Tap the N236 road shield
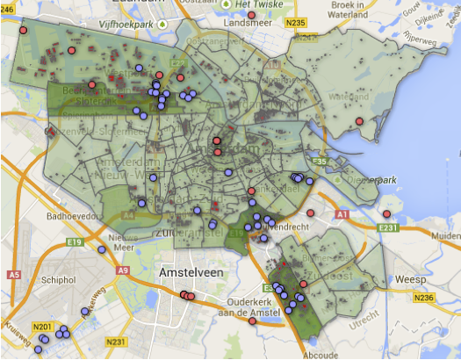tap(425, 299)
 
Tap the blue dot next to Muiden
tap(436, 236)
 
